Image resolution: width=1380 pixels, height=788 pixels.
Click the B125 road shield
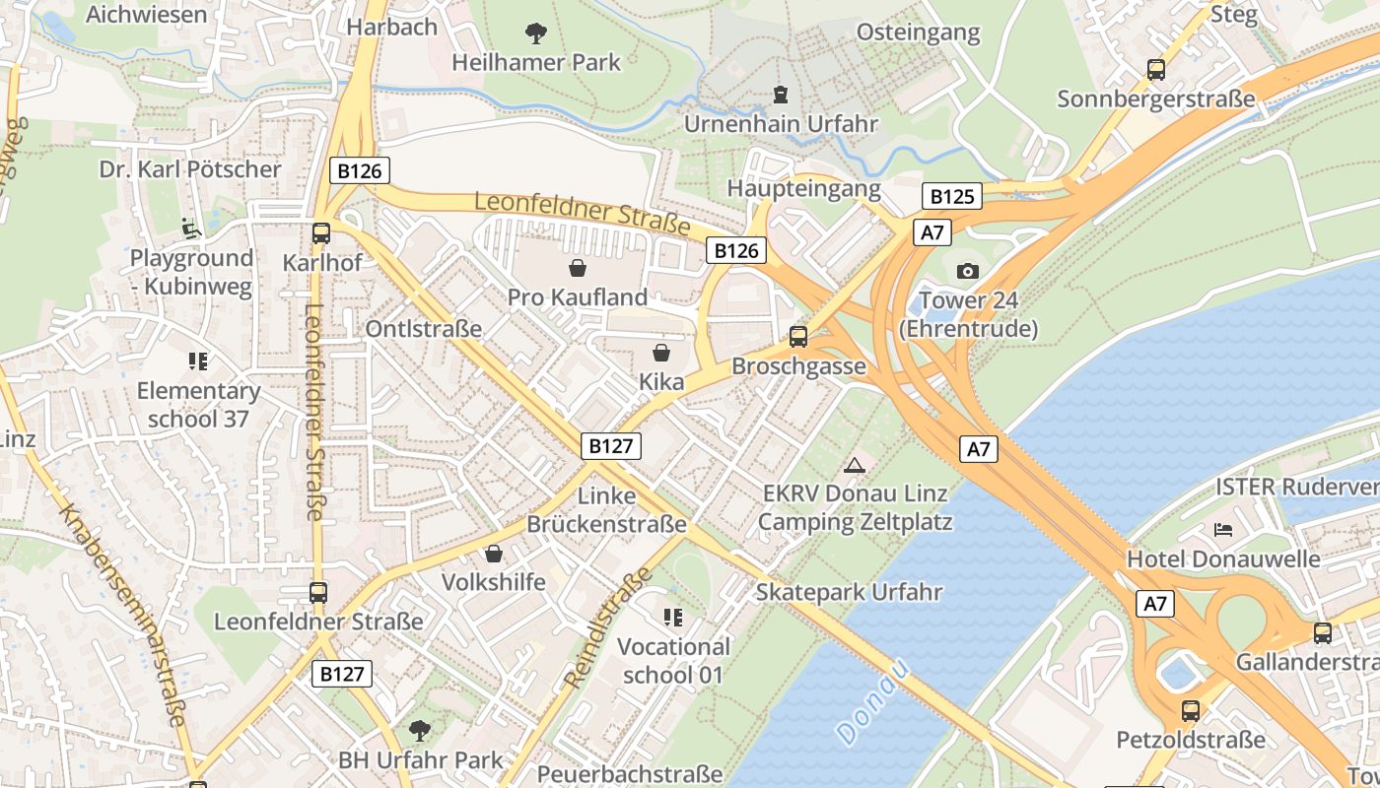pyautogui.click(x=952, y=196)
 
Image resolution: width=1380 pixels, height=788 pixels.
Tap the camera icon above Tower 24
pyautogui.click(x=968, y=271)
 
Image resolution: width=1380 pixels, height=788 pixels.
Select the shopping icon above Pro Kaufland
pyautogui.click(x=578, y=267)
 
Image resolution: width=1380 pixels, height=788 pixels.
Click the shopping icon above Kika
pyautogui.click(x=660, y=352)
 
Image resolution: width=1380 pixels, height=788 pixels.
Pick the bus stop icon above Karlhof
pyautogui.click(x=321, y=233)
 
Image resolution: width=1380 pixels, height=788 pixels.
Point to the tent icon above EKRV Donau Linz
pyautogui.click(x=854, y=464)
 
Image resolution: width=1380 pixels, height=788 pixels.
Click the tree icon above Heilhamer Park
pyautogui.click(x=536, y=34)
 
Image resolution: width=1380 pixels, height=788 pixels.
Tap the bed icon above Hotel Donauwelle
pyautogui.click(x=1223, y=530)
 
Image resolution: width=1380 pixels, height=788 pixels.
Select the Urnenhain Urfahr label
pyautogui.click(x=781, y=124)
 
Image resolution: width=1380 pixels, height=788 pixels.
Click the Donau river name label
pyautogui.click(x=872, y=701)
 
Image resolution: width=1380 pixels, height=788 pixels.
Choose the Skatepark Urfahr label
pyautogui.click(x=849, y=592)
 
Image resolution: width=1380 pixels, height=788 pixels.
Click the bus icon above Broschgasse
pyautogui.click(x=798, y=337)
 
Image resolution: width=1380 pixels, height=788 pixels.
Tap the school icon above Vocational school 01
pyautogui.click(x=673, y=618)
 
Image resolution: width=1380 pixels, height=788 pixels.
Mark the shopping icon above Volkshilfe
pyautogui.click(x=493, y=554)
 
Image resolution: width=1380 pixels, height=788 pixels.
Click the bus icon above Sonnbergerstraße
pyautogui.click(x=1156, y=70)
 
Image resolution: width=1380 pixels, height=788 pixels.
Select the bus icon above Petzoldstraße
pyautogui.click(x=1191, y=710)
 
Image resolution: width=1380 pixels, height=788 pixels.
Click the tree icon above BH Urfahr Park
pyautogui.click(x=420, y=731)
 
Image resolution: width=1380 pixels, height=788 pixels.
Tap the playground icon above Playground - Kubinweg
pyautogui.click(x=191, y=229)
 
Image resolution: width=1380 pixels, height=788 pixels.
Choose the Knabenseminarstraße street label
pyautogui.click(x=122, y=616)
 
